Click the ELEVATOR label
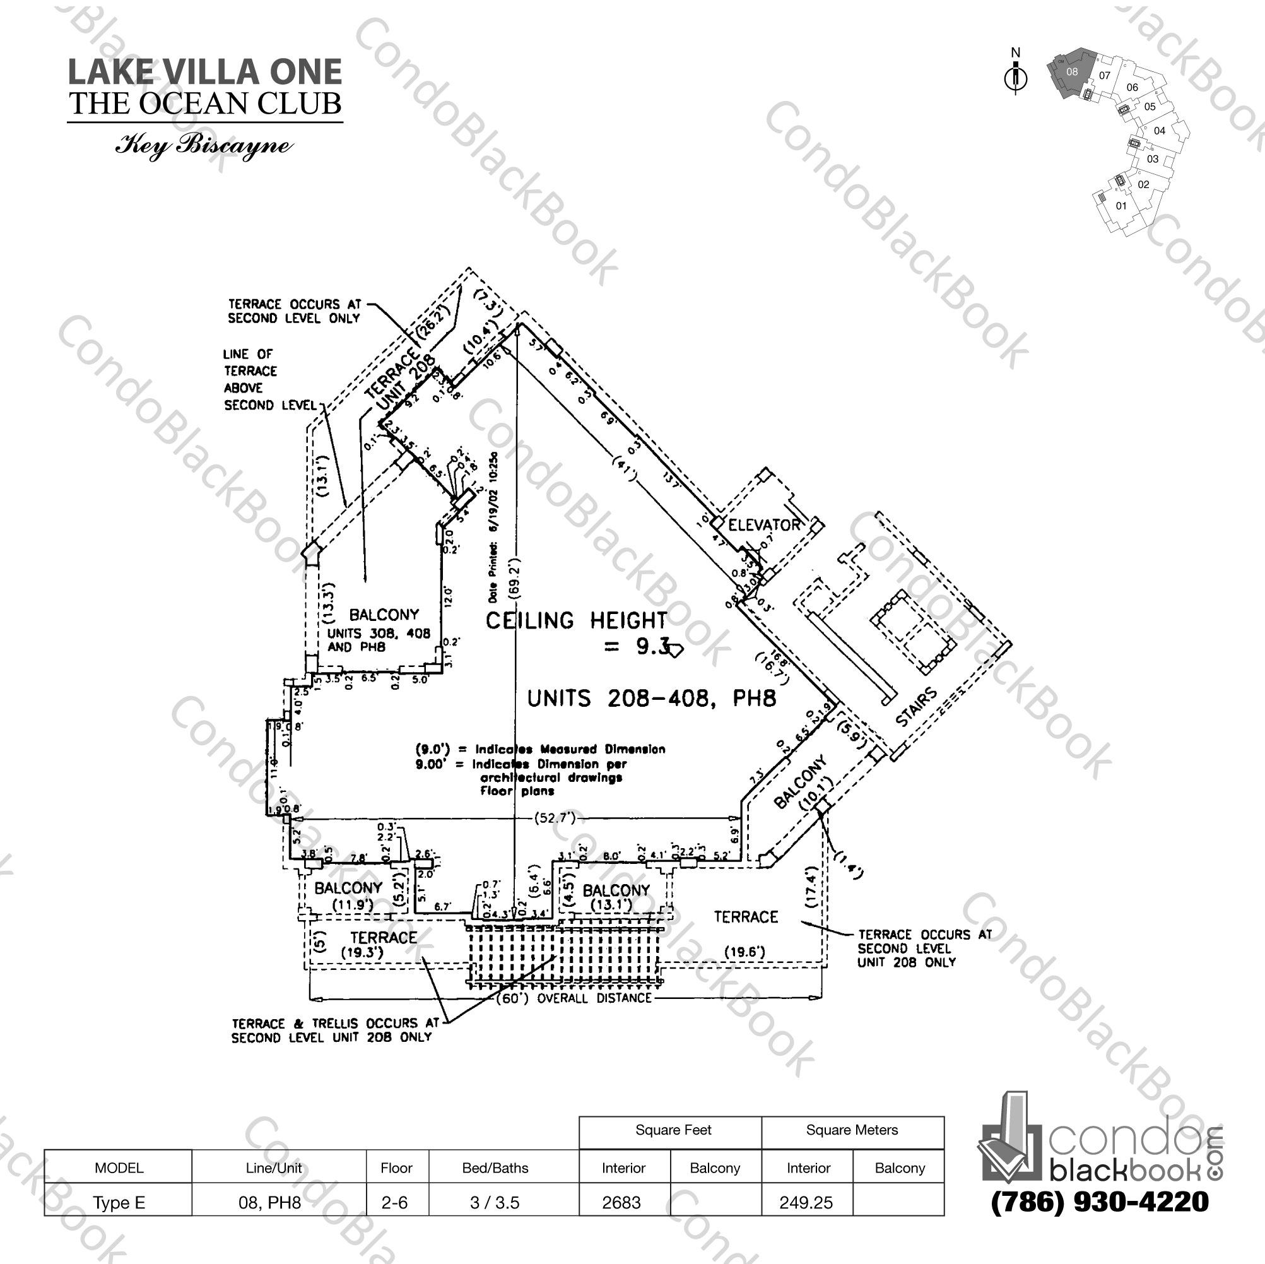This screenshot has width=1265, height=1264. pos(763,524)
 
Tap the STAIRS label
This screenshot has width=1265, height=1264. pos(916,708)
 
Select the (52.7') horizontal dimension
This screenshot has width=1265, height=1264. pos(555,817)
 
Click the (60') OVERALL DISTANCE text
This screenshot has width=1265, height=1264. pos(574,998)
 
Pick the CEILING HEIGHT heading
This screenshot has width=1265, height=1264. pos(575,620)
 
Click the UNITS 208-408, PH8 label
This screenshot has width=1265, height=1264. pos(652,699)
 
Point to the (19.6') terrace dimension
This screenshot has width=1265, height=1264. pos(744,952)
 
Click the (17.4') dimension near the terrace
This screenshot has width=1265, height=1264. pos(811,887)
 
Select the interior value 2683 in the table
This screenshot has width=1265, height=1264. pos(621,1202)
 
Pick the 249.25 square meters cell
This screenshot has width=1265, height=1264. pos(806,1202)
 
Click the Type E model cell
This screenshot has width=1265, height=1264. pos(119,1202)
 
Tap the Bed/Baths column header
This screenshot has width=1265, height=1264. pos(495,1167)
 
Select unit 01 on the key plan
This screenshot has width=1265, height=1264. pos(1121,206)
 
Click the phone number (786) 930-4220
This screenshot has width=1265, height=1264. pos(1099,1202)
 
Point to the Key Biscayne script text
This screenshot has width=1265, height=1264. pos(204,145)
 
